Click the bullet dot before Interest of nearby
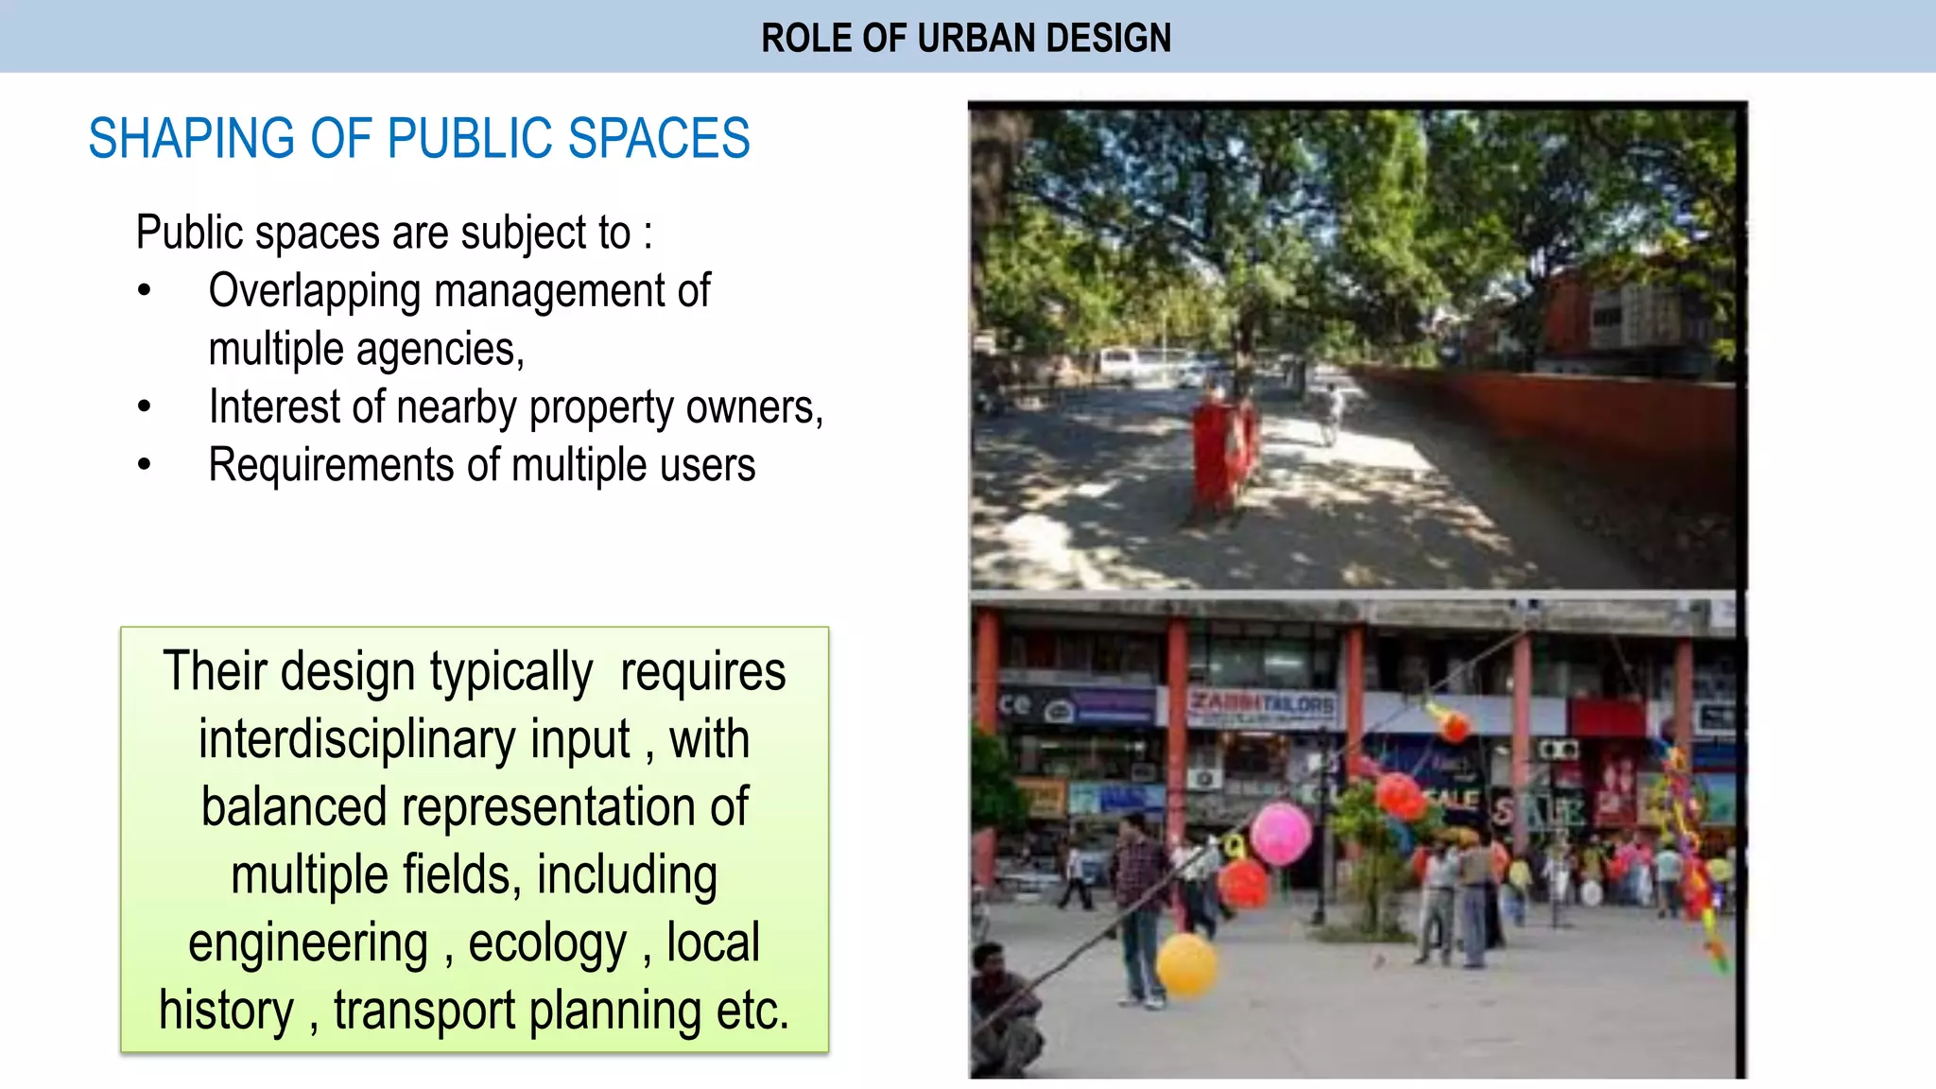click(144, 407)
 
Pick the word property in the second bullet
click(602, 407)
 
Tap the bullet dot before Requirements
click(144, 465)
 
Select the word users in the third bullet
click(708, 465)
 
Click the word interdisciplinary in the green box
click(414, 739)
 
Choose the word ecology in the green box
click(547, 943)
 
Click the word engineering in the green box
click(308, 943)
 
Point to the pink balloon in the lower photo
click(1281, 833)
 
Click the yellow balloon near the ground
click(1186, 963)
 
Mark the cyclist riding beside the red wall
click(1333, 413)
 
